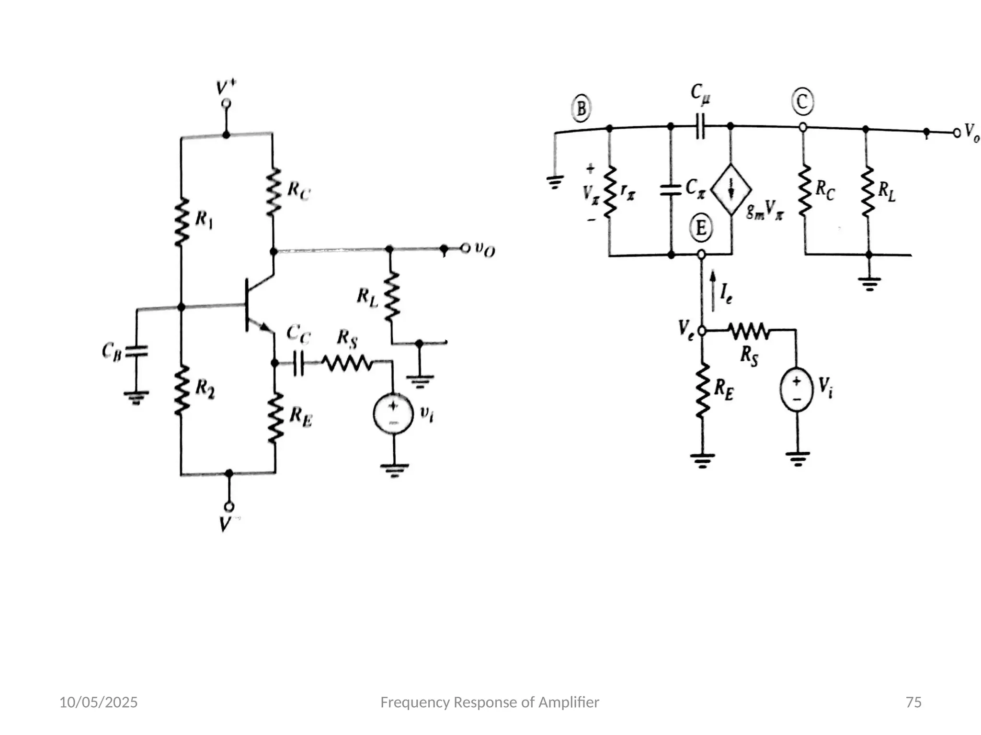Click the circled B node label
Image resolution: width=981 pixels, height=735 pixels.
[581, 109]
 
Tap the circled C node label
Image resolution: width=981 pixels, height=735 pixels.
[802, 102]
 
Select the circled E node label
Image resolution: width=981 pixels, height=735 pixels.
[701, 228]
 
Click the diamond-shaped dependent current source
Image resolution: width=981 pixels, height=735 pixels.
[731, 190]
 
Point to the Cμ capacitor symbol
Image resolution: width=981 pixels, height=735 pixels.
[700, 126]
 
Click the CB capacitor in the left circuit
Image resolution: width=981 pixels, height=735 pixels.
[136, 352]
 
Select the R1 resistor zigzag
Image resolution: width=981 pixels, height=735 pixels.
[181, 223]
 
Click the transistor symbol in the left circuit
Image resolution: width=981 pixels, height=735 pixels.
[254, 305]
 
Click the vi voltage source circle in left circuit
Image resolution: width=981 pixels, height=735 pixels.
[393, 414]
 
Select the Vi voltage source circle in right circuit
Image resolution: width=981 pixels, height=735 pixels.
[797, 389]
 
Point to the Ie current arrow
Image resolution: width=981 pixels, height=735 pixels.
[713, 291]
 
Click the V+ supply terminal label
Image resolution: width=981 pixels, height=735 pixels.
[226, 88]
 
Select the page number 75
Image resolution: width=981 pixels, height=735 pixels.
[913, 702]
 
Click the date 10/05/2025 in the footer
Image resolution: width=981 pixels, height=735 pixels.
[98, 702]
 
